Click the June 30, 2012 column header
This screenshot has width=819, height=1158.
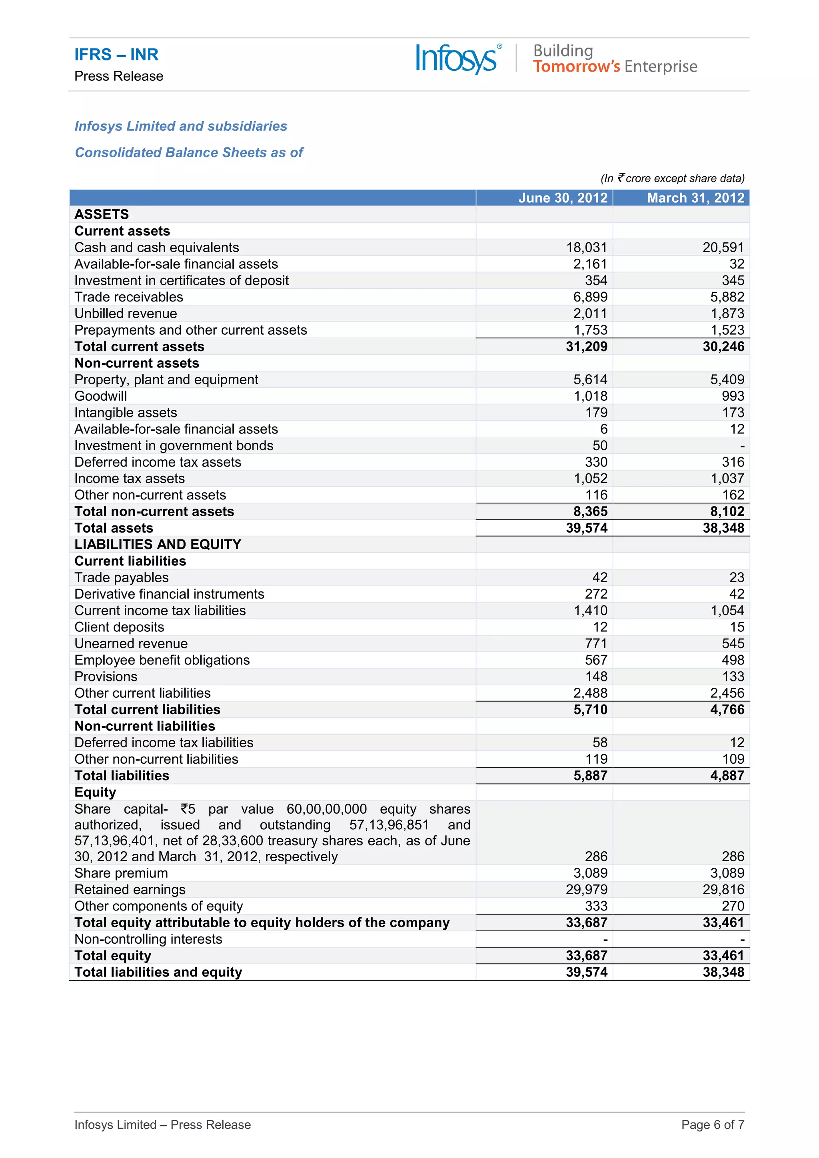click(562, 198)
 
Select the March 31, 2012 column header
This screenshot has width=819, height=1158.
click(695, 198)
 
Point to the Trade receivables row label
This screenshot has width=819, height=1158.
click(129, 297)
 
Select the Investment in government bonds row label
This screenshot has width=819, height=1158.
click(174, 446)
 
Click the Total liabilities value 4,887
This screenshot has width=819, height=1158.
click(727, 776)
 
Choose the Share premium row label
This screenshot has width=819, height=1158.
click(121, 873)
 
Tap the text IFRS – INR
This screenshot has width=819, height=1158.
click(116, 54)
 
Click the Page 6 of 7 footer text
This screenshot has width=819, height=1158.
click(712, 1125)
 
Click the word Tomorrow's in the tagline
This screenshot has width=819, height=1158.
click(576, 66)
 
